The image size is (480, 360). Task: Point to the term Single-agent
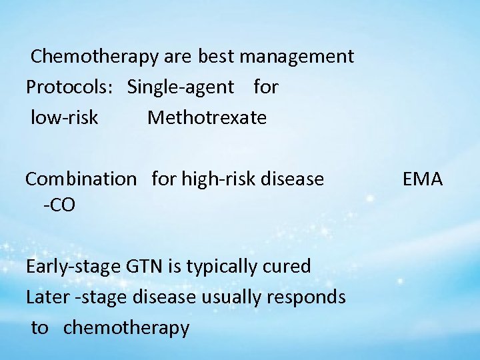pyautogui.click(x=181, y=87)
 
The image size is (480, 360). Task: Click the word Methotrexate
pyautogui.click(x=207, y=118)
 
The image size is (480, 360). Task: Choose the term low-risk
pyautogui.click(x=65, y=118)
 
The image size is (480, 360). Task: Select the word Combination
pyautogui.click(x=80, y=179)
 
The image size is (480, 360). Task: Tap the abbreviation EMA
pyautogui.click(x=423, y=179)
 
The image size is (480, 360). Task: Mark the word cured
pyautogui.click(x=286, y=267)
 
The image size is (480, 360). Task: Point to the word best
pyautogui.click(x=215, y=57)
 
